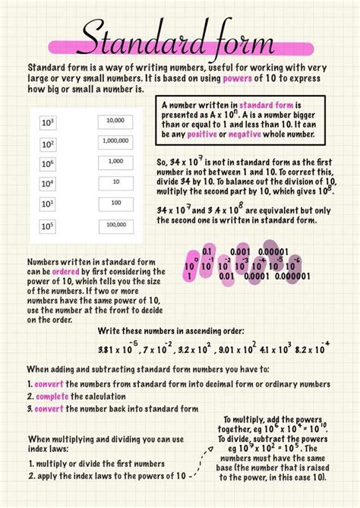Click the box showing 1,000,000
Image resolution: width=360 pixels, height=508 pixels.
pos(115,141)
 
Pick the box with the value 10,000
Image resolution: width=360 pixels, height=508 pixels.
pos(115,121)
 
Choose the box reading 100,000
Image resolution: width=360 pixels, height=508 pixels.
pos(115,225)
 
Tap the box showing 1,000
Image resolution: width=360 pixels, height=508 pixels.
pos(115,162)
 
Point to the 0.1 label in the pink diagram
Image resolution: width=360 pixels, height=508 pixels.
pos(207,251)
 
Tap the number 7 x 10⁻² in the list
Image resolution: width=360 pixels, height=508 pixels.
pos(158,350)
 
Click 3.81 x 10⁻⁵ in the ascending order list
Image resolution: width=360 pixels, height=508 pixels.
pos(117,350)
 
